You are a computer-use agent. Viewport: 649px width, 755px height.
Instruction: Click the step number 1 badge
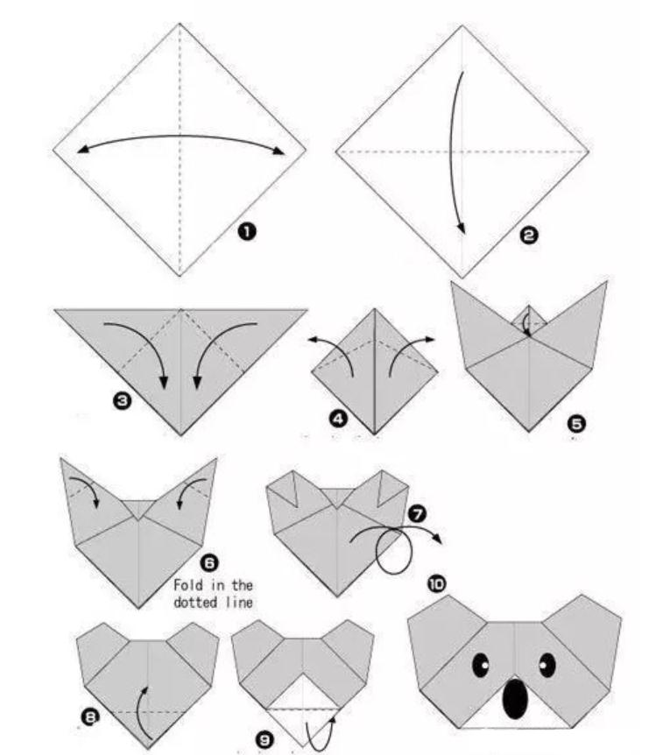point(246,232)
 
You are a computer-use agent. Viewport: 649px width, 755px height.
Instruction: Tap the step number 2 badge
point(529,236)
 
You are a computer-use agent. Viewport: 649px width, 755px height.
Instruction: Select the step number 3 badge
point(122,400)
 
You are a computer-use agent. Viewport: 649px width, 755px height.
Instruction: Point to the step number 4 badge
point(338,419)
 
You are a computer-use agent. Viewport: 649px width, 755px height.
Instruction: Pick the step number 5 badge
point(576,424)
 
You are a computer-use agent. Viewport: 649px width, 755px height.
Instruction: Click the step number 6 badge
point(209,562)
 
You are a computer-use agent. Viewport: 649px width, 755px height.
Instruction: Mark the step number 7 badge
point(417,514)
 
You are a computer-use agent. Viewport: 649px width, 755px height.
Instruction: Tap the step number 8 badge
point(89,717)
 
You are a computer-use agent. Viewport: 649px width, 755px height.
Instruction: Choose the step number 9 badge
point(265,740)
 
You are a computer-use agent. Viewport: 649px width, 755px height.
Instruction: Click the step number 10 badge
point(437,584)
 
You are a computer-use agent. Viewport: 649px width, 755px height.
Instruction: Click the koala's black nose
point(515,699)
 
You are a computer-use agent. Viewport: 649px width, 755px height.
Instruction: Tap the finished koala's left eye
point(481,666)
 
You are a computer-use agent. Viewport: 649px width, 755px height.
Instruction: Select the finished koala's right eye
point(547,666)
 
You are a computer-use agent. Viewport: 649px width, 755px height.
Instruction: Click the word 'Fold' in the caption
point(187,585)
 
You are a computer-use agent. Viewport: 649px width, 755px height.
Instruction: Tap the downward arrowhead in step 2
point(462,228)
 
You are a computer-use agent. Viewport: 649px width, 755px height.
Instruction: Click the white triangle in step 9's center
point(302,694)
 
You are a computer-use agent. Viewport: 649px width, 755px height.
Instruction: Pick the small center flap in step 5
point(529,319)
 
